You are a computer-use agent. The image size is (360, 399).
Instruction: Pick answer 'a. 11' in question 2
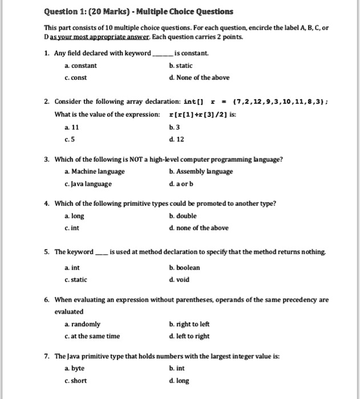click(x=71, y=127)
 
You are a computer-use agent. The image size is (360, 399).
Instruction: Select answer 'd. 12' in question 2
click(x=177, y=140)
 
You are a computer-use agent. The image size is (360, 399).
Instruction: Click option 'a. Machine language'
click(x=94, y=172)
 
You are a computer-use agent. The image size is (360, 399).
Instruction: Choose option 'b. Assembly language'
click(x=201, y=172)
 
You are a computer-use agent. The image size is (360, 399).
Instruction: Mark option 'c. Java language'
click(x=88, y=184)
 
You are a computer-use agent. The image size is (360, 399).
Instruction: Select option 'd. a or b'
click(x=183, y=184)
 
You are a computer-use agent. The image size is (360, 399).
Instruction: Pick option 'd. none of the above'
click(x=199, y=229)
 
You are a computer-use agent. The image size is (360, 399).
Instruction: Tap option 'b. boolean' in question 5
click(x=184, y=267)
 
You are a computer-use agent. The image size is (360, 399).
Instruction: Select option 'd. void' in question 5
click(x=179, y=280)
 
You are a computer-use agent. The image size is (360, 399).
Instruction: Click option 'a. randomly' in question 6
click(x=82, y=324)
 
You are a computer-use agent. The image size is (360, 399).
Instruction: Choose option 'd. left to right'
click(x=189, y=336)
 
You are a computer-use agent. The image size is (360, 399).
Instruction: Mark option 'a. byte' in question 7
click(x=75, y=369)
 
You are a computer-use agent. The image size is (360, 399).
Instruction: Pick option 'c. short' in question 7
click(x=76, y=381)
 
